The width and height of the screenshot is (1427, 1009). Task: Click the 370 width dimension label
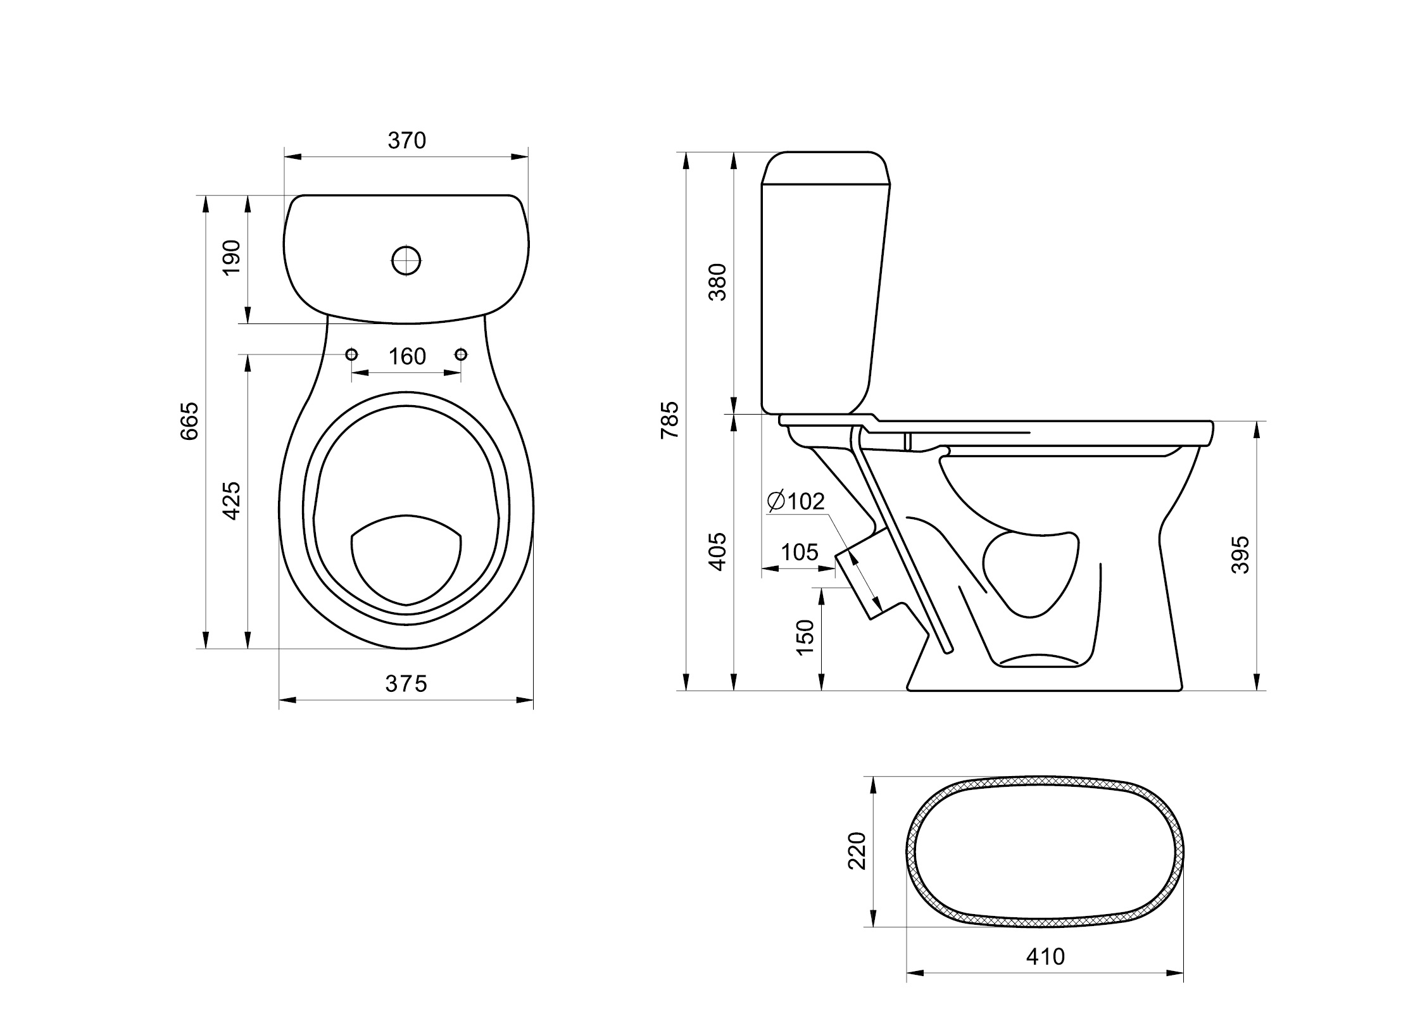coord(406,141)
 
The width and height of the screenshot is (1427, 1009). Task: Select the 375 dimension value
coord(406,684)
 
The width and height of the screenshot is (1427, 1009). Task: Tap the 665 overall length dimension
coord(189,420)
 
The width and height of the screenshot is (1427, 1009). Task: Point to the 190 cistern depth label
coord(232,257)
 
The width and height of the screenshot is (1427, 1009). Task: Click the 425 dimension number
coord(232,500)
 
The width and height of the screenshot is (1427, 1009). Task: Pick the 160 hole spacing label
coord(406,357)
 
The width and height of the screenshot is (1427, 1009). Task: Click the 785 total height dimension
coord(669,420)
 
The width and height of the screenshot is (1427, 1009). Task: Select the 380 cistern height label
coord(718,282)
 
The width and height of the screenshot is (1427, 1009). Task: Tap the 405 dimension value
coord(718,552)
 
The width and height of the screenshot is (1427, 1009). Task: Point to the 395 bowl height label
coord(1241,555)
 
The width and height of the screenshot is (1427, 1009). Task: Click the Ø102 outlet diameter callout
coord(795,501)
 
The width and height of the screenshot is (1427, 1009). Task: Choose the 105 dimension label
coord(800,553)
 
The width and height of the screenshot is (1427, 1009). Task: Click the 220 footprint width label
coord(857,851)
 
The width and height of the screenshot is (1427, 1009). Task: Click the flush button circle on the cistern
coord(406,260)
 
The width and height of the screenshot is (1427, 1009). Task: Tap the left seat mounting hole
coord(352,354)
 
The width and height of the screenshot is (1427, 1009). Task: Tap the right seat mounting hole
coord(461,354)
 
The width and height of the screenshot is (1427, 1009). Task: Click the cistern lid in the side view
coord(826,168)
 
